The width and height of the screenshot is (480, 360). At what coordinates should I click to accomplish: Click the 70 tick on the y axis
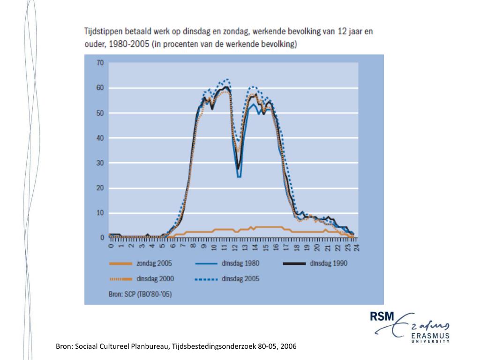pos(100,62)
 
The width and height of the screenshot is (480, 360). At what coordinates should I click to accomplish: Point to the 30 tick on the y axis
pos(100,163)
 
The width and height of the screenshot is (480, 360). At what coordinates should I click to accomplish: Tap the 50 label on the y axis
pos(100,113)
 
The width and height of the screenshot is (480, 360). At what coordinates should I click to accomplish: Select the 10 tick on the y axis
pos(100,213)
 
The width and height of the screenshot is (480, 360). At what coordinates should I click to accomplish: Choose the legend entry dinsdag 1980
pos(240,263)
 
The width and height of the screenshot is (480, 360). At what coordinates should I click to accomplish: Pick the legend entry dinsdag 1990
pos(328,263)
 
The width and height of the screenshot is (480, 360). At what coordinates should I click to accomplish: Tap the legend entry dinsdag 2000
pos(155,279)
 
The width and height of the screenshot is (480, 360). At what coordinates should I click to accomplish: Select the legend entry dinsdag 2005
pos(240,279)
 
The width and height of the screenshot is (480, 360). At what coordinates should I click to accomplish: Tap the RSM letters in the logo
pos(382,317)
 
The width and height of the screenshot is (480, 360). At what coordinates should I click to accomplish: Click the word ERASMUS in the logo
pos(430,335)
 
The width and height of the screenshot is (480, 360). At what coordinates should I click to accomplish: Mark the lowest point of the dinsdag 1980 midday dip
pos(239,177)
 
